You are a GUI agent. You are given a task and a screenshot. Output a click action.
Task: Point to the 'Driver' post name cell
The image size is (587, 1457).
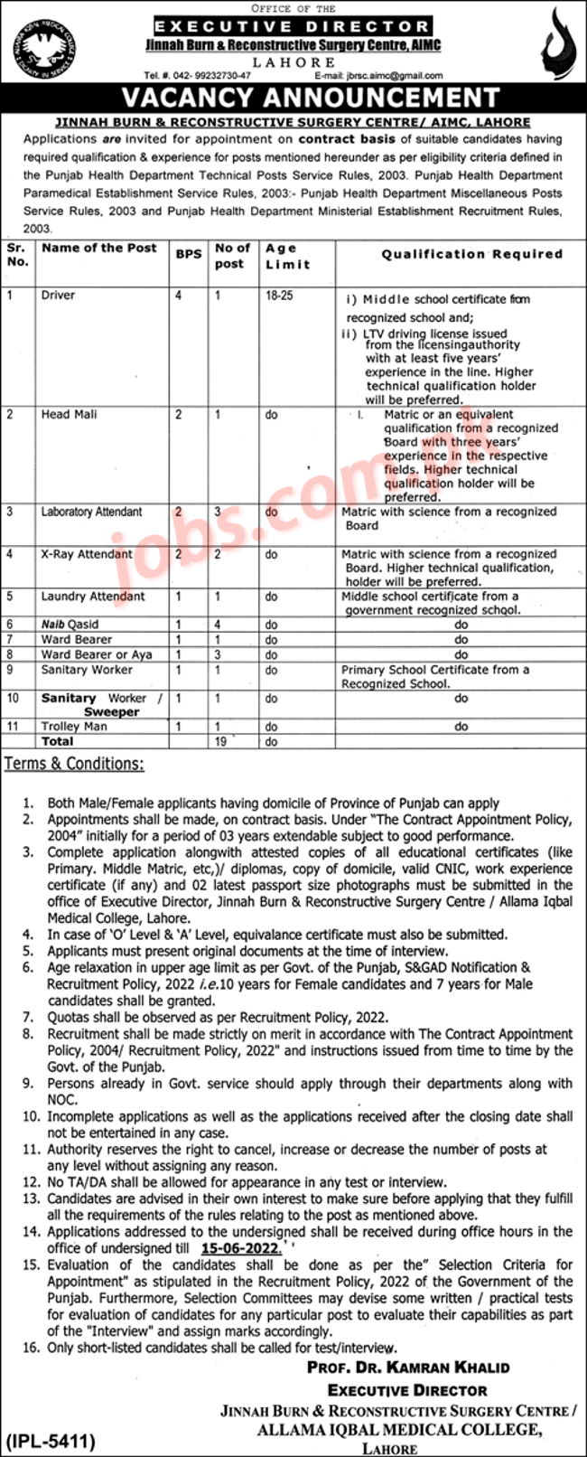click(x=58, y=296)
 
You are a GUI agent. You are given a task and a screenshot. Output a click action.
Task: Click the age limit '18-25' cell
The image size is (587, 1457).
click(x=279, y=296)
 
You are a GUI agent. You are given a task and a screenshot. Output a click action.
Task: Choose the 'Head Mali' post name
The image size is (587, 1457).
click(x=69, y=414)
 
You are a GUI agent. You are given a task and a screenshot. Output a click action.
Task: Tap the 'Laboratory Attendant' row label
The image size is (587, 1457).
click(x=91, y=512)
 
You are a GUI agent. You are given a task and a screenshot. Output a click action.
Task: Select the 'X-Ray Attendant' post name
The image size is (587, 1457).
click(x=87, y=554)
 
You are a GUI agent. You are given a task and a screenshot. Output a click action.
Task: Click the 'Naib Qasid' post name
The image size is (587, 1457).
click(x=70, y=624)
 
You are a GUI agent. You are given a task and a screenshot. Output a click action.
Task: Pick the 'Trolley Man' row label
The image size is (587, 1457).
click(x=74, y=726)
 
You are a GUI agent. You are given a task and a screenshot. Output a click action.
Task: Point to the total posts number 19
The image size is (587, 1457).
click(x=219, y=741)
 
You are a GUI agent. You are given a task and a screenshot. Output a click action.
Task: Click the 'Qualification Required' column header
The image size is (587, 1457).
click(x=471, y=254)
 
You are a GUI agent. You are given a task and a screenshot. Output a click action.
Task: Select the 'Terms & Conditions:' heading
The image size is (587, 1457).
click(x=74, y=764)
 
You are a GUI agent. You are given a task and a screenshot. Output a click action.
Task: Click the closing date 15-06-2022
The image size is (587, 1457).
click(x=241, y=1248)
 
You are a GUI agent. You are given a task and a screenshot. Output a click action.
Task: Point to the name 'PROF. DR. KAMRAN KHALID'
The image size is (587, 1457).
click(x=408, y=1367)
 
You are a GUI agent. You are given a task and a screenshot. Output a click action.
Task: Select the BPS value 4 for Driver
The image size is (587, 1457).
click(x=179, y=296)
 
